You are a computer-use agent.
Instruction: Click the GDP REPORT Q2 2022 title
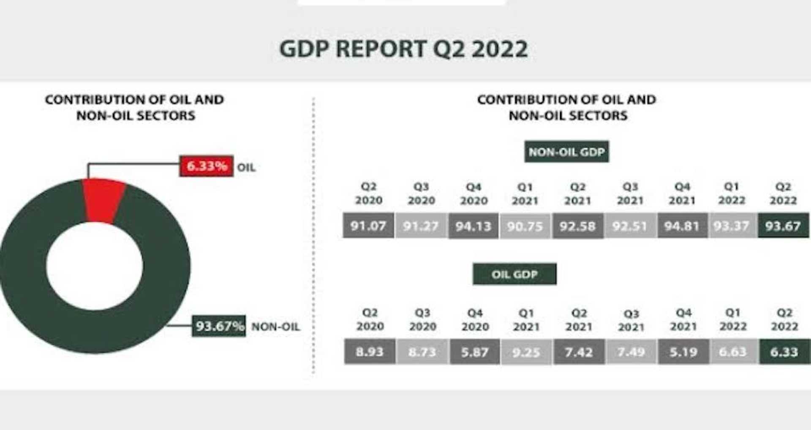403,49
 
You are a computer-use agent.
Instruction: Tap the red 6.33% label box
206,166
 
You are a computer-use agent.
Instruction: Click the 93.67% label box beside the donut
219,326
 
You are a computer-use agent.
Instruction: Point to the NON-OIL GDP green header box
566,152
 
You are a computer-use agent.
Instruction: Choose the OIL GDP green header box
514,274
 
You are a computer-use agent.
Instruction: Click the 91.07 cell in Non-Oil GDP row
368,226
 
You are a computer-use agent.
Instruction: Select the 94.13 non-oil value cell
473,226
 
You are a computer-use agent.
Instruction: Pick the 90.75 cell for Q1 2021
525,226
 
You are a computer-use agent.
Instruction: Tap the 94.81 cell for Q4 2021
682,226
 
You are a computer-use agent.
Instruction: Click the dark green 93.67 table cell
783,226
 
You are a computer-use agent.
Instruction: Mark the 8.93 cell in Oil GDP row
370,351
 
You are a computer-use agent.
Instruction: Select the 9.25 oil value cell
526,352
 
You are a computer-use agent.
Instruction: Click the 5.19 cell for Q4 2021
683,351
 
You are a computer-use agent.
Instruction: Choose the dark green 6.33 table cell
784,351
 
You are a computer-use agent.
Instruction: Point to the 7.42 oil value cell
579,351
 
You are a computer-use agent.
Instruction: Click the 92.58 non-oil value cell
577,226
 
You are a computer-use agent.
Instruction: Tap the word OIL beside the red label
246,167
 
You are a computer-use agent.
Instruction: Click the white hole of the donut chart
95,266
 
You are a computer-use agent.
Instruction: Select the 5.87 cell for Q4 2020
475,351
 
